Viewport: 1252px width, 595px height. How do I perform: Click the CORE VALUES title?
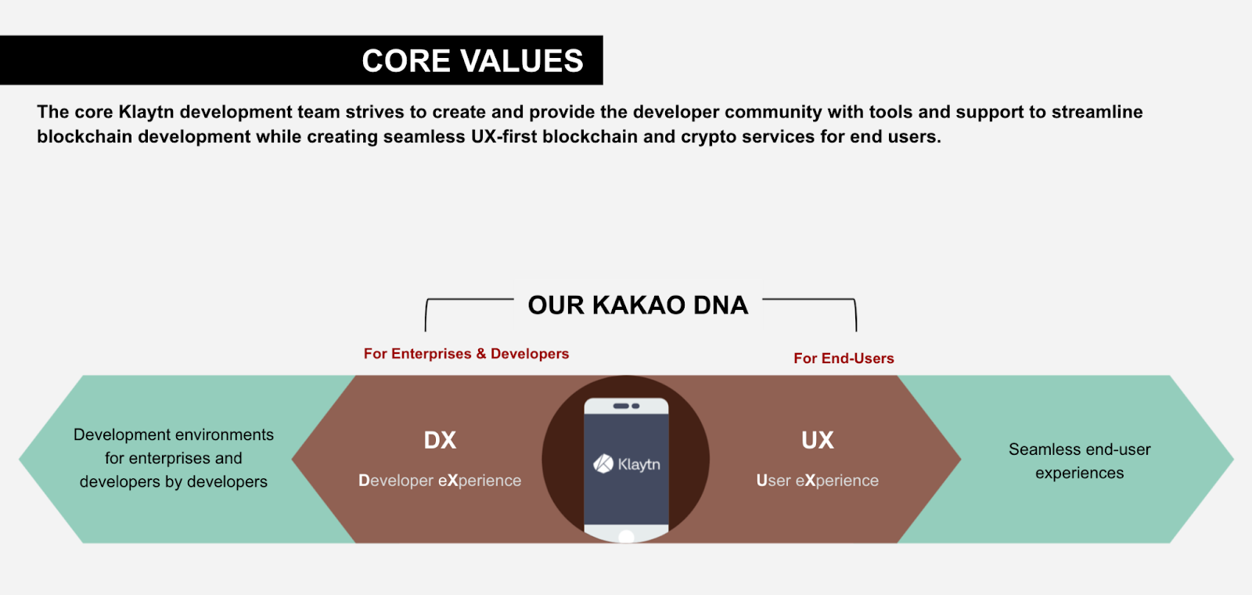point(472,61)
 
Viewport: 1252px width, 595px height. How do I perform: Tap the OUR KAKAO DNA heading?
point(638,305)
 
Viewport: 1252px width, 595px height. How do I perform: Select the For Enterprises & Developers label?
point(466,354)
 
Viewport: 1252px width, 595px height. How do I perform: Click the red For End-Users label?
point(844,359)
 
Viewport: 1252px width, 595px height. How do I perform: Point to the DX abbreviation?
point(440,440)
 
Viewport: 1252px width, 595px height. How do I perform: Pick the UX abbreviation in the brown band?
point(817,440)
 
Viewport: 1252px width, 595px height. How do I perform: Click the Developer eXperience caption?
point(440,481)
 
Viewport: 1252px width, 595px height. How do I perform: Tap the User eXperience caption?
point(817,481)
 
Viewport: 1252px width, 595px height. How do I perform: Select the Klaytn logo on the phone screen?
point(626,464)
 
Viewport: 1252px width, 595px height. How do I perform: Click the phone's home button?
point(626,536)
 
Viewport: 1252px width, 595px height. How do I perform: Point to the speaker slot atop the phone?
point(625,406)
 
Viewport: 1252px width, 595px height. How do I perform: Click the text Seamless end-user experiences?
point(1079,461)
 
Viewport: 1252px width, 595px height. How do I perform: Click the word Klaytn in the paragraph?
point(146,112)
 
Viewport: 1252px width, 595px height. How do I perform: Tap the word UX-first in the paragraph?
point(503,137)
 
